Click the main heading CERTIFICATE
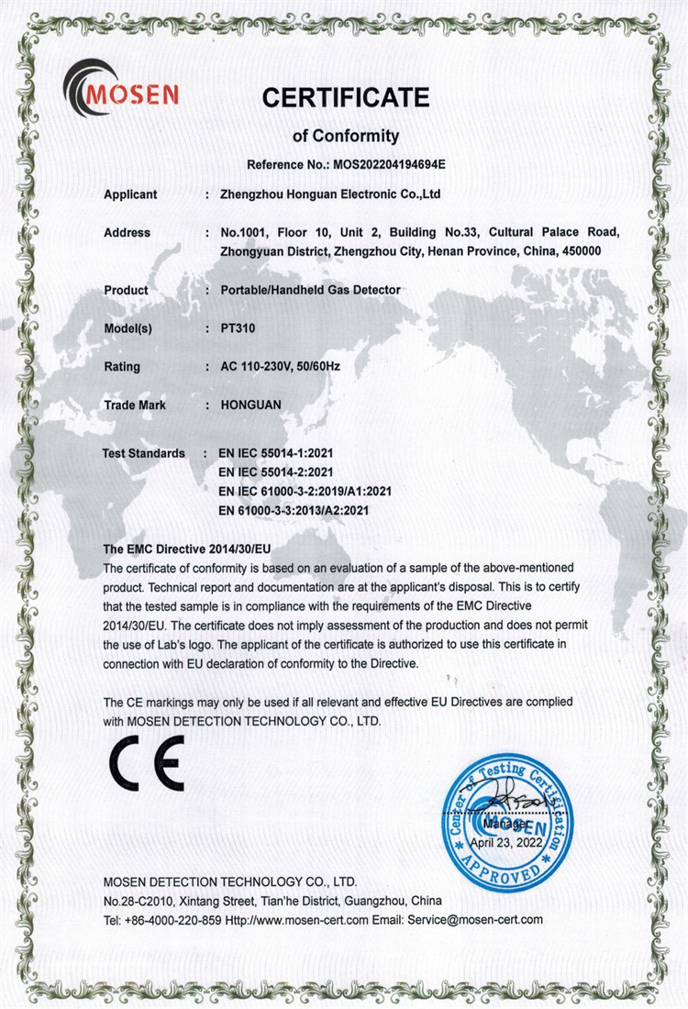click(x=345, y=96)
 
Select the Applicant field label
click(x=130, y=194)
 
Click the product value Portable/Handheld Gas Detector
click(x=311, y=290)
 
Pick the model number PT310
click(x=239, y=328)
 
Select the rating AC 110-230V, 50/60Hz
click(x=281, y=367)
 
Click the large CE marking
click(x=148, y=765)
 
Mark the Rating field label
click(x=123, y=367)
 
